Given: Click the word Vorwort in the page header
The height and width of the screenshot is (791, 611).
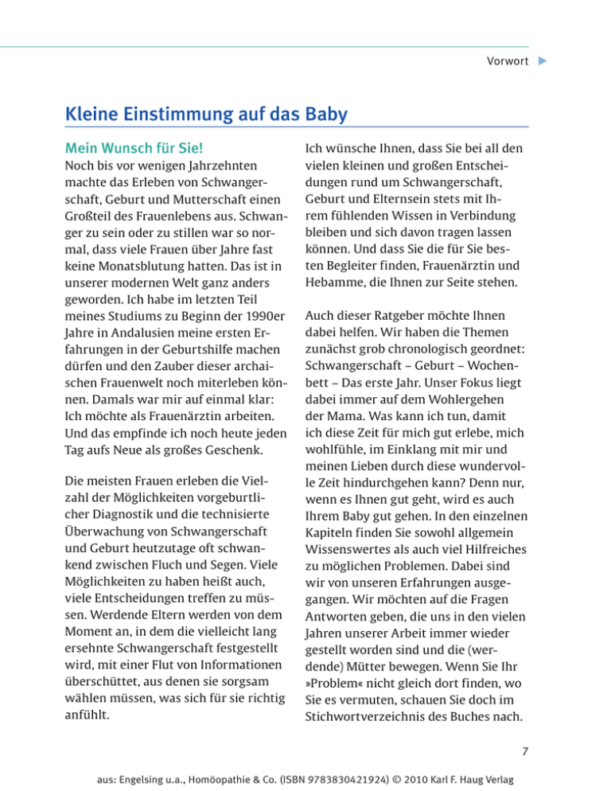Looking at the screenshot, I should coord(508,61).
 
